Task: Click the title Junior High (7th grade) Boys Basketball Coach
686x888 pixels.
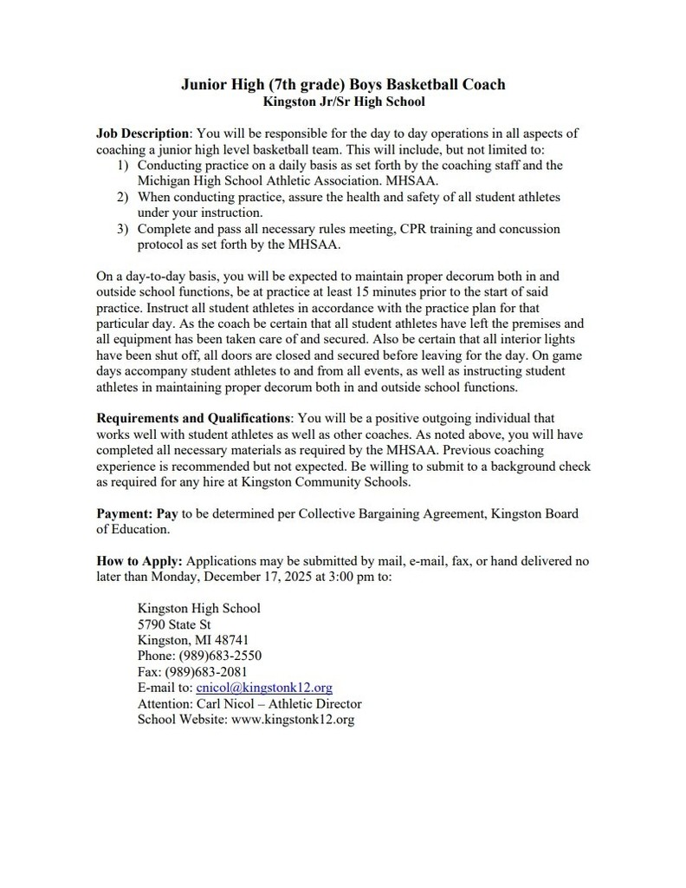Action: (343, 84)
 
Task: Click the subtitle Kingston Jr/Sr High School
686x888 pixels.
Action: (343, 101)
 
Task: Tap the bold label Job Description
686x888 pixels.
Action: (142, 134)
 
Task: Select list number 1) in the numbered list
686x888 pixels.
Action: (122, 165)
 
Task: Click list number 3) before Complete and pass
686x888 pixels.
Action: (122, 229)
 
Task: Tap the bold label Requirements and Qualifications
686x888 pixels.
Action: (193, 418)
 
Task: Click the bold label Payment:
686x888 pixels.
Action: (124, 513)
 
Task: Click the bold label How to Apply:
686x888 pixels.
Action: (139, 561)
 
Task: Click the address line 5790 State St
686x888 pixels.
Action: (174, 624)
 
